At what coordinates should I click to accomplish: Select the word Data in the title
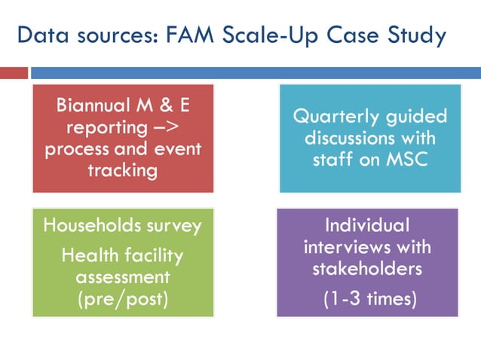[x=43, y=35]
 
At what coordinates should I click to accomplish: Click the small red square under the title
[x=13, y=73]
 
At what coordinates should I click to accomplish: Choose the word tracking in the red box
[x=122, y=170]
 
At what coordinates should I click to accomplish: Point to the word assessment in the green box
[x=122, y=277]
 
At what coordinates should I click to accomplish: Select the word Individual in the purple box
[x=367, y=225]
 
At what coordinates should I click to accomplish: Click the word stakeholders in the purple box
[x=367, y=269]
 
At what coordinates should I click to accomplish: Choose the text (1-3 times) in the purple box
[x=369, y=299]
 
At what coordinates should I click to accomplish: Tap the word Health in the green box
[x=87, y=255]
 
